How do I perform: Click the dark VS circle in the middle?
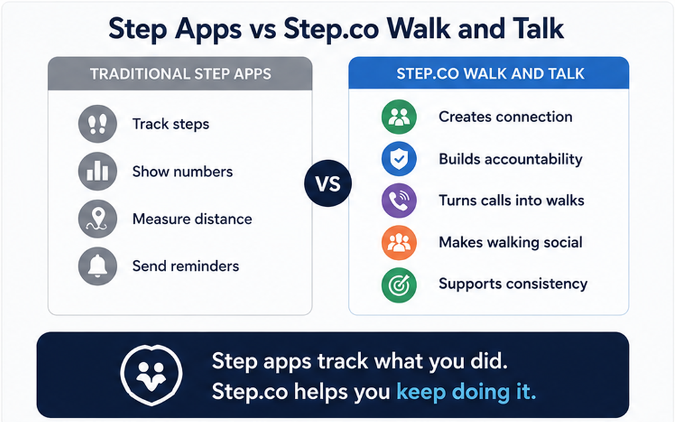pos(328,183)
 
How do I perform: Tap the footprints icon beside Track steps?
pos(98,124)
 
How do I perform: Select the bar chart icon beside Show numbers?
pos(98,171)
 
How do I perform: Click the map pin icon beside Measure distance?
pos(98,218)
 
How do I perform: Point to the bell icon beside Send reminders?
pos(98,266)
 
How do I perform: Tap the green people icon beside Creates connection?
pos(399,117)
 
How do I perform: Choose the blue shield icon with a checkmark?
pos(399,159)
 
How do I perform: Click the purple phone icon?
pos(399,200)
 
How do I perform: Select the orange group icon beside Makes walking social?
pos(399,242)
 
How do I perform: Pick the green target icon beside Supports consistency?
pos(399,285)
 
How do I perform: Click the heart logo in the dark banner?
pos(151,375)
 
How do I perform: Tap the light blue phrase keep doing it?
pos(466,392)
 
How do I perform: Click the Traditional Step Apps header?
pos(181,74)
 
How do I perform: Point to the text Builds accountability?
pos(510,159)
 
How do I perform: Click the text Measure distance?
pos(192,219)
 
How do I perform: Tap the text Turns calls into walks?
pos(512,200)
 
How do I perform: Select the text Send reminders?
pos(186,266)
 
